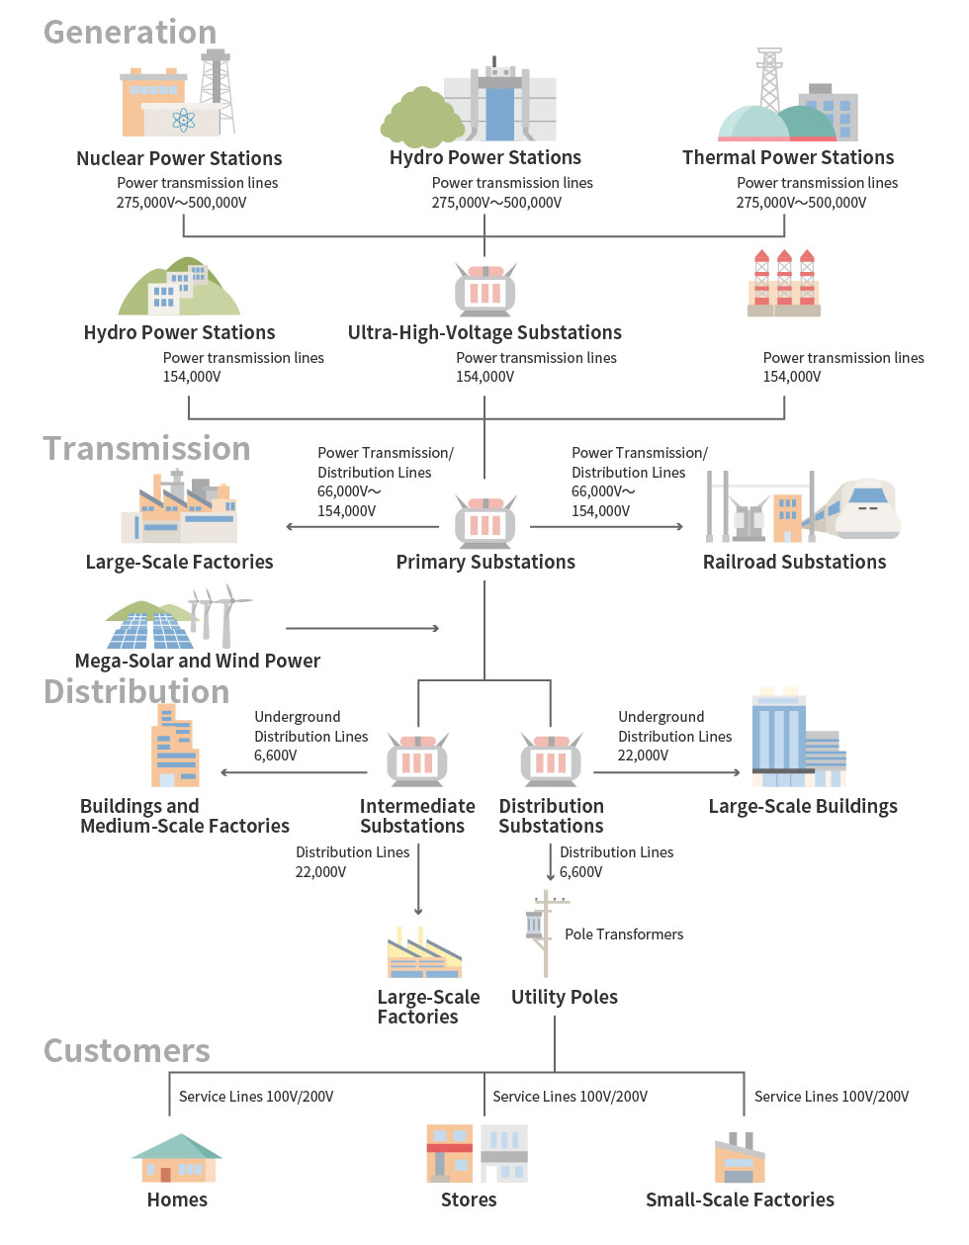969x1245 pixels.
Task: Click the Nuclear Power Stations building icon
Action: [x=178, y=99]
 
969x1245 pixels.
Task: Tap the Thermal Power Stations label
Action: [x=788, y=158]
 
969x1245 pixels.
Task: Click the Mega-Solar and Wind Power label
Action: [x=198, y=661]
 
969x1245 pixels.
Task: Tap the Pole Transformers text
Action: [x=624, y=934]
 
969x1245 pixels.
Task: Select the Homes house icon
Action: [x=177, y=1159]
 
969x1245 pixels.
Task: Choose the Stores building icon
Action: [x=477, y=1153]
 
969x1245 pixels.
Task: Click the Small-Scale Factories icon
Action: [x=740, y=1159]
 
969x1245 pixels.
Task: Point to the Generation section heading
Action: [x=130, y=32]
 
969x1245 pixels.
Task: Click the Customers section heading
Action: [x=127, y=1050]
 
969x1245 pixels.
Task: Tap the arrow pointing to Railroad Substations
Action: [x=676, y=526]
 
